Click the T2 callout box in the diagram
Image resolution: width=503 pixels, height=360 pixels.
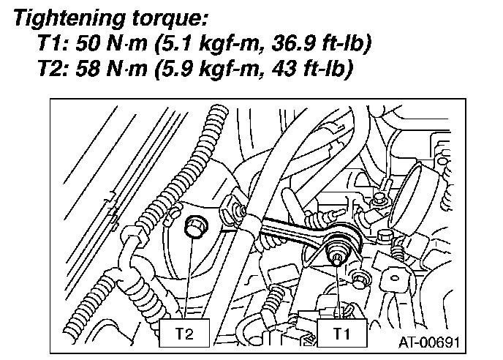coord(186,333)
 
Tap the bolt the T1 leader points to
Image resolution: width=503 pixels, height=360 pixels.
coord(338,257)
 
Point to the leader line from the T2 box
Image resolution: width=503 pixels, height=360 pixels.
coord(188,278)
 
